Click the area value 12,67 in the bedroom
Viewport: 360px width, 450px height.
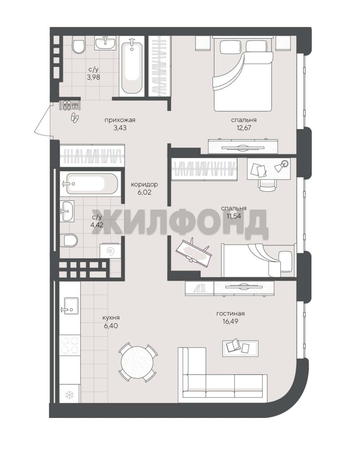tap(243, 128)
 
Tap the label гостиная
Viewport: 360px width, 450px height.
tap(230, 314)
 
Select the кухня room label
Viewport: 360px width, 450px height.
tap(111, 317)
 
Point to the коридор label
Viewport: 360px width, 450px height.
tap(145, 184)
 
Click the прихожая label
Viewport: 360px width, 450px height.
tap(120, 120)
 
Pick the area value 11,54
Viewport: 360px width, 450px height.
tap(234, 216)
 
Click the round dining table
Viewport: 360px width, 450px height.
tap(137, 362)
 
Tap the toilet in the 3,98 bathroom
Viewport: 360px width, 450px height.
tap(79, 45)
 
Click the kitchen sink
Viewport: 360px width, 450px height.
tap(71, 306)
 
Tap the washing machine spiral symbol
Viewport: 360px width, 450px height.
tap(110, 251)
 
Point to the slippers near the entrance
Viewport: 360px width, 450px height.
tap(75, 117)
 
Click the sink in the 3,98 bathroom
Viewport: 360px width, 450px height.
tap(105, 43)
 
